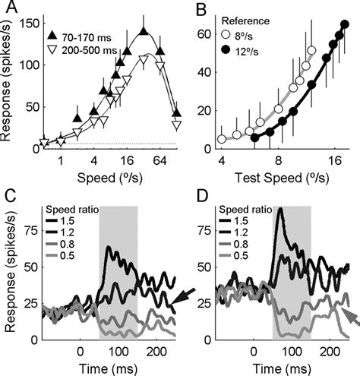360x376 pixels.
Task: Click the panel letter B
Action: click(201, 10)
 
